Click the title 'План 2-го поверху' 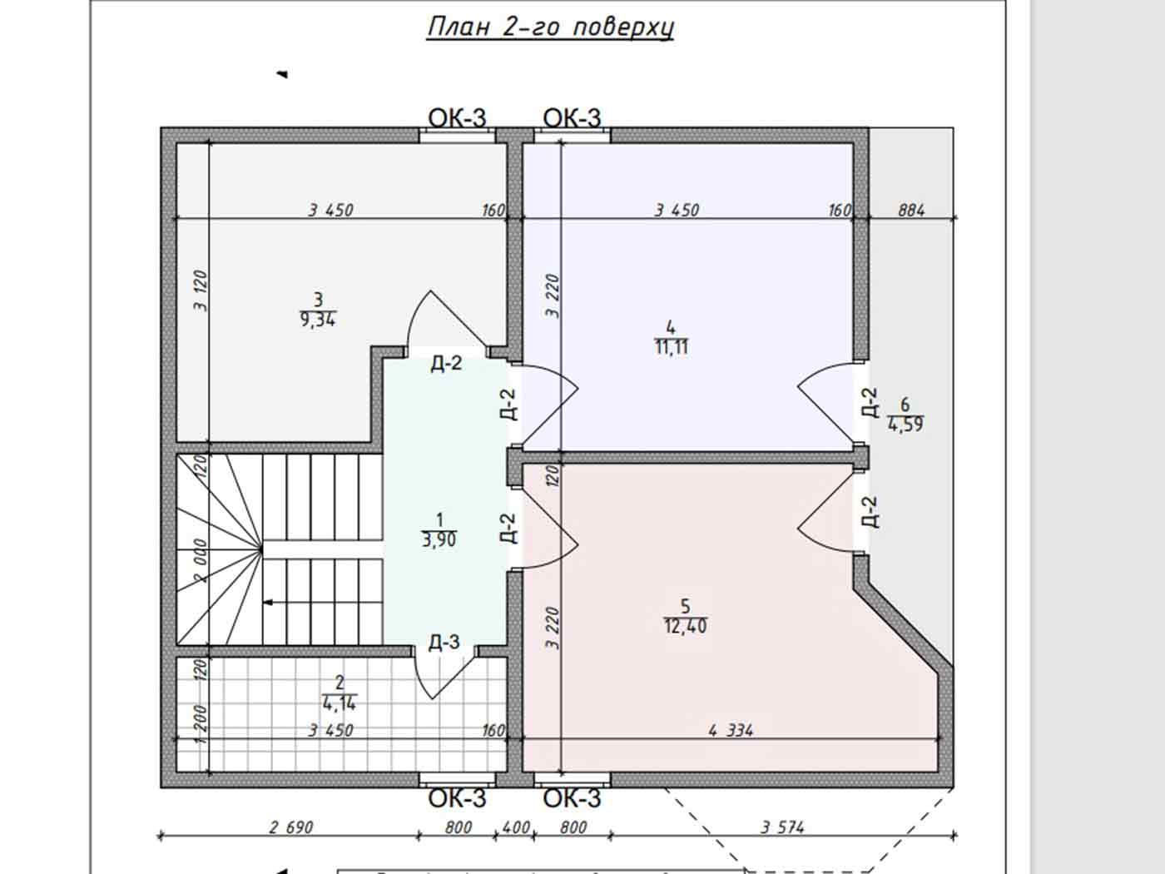550,27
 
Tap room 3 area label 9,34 318,320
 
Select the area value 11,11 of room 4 672,348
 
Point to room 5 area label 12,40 685,627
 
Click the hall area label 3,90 439,540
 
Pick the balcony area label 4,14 340,703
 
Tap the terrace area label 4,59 905,425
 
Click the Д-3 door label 444,643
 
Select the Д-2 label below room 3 446,364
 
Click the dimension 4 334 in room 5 731,731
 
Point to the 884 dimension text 911,211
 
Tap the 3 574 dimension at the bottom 782,827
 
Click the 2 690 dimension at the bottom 291,827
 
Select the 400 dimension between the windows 515,827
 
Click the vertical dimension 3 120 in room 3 201,291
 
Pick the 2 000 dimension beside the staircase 201,561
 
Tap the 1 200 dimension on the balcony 201,724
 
